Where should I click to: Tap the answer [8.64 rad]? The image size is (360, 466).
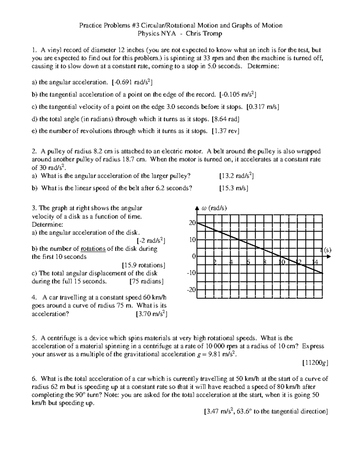[x=225, y=119]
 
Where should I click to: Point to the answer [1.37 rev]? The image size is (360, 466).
[x=225, y=131]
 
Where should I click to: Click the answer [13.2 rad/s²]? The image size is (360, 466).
[x=237, y=176]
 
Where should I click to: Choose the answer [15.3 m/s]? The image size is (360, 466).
[x=234, y=188]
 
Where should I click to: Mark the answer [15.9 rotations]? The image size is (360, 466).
[x=144, y=265]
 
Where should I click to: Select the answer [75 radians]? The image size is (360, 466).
[x=146, y=281]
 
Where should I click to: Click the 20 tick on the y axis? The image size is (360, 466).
[x=192, y=223]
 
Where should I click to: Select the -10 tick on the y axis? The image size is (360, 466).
[x=191, y=273]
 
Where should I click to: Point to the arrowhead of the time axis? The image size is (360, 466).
[x=328, y=257]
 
